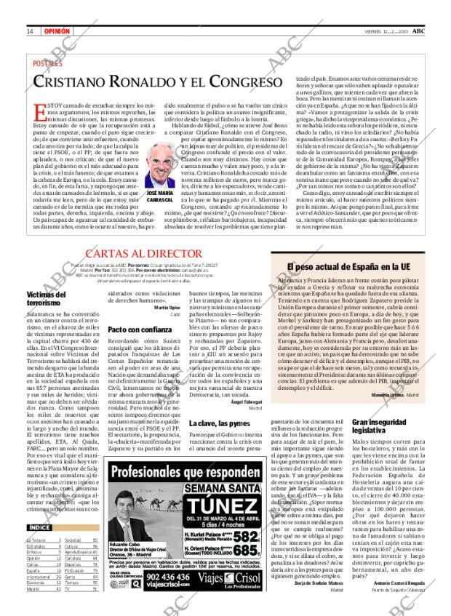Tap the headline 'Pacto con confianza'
pos(135,329)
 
